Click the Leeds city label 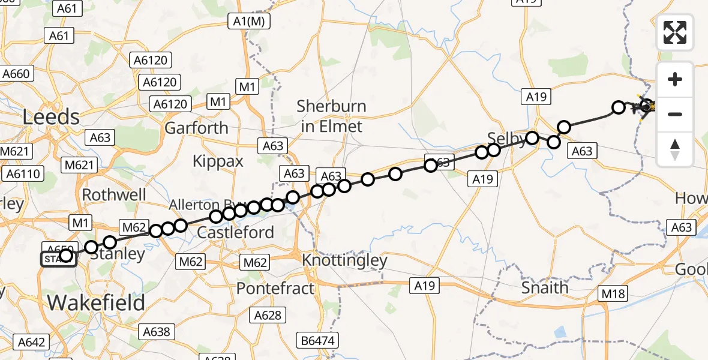(51, 116)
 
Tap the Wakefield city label (96, 302)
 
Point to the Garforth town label (196, 128)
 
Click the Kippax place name (218, 161)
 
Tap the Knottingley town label (345, 261)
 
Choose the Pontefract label (275, 289)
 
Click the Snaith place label (544, 287)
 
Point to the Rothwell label (114, 195)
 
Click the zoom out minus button (675, 114)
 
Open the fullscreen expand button (675, 32)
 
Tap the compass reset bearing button (675, 149)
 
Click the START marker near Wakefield (57, 259)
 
